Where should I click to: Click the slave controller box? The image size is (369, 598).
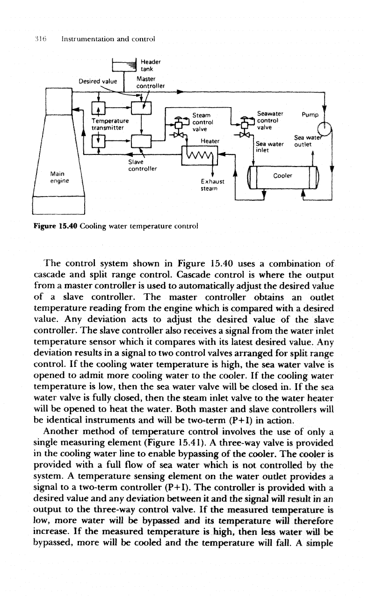tap(141, 140)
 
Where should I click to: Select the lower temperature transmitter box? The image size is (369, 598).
tap(98, 140)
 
